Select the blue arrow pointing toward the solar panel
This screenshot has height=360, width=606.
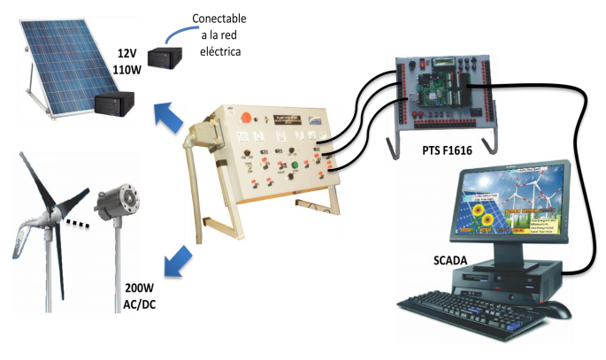click(x=165, y=114)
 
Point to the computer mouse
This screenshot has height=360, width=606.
click(x=552, y=309)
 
